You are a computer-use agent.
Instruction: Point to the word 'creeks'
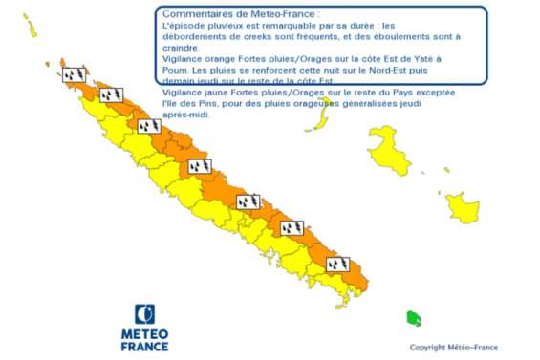point(252,36)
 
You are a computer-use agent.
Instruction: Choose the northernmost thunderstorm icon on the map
point(75,74)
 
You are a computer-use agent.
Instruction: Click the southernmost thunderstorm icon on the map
point(337,264)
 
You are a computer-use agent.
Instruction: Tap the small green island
point(413,318)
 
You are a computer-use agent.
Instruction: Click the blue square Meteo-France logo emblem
point(145,314)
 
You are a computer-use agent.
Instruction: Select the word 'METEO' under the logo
point(145,334)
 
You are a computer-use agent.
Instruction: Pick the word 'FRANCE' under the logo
point(145,346)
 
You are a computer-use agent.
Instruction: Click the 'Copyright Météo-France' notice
point(453,348)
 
